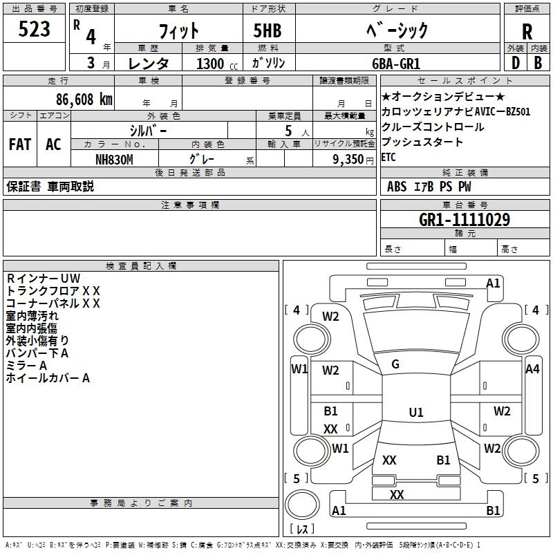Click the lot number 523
pos(34,29)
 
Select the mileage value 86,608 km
pos(84,100)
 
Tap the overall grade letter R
pos(527,32)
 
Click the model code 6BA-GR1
pos(396,64)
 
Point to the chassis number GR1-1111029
pos(465,220)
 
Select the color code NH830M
pos(114,160)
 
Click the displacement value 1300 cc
pos(217,64)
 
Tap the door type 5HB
pos(268,30)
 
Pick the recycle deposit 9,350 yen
pos(353,160)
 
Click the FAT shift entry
pos(20,144)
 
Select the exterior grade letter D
pos(515,63)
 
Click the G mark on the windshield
pos(395,364)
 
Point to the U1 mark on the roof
pos(416,412)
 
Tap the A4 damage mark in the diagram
pos(532,369)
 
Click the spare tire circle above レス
pos(302,505)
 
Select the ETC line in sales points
pos(388,157)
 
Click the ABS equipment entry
pos(397,187)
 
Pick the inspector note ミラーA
pos(26,366)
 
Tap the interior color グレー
pos(202,160)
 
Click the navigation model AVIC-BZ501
pos(503,112)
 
